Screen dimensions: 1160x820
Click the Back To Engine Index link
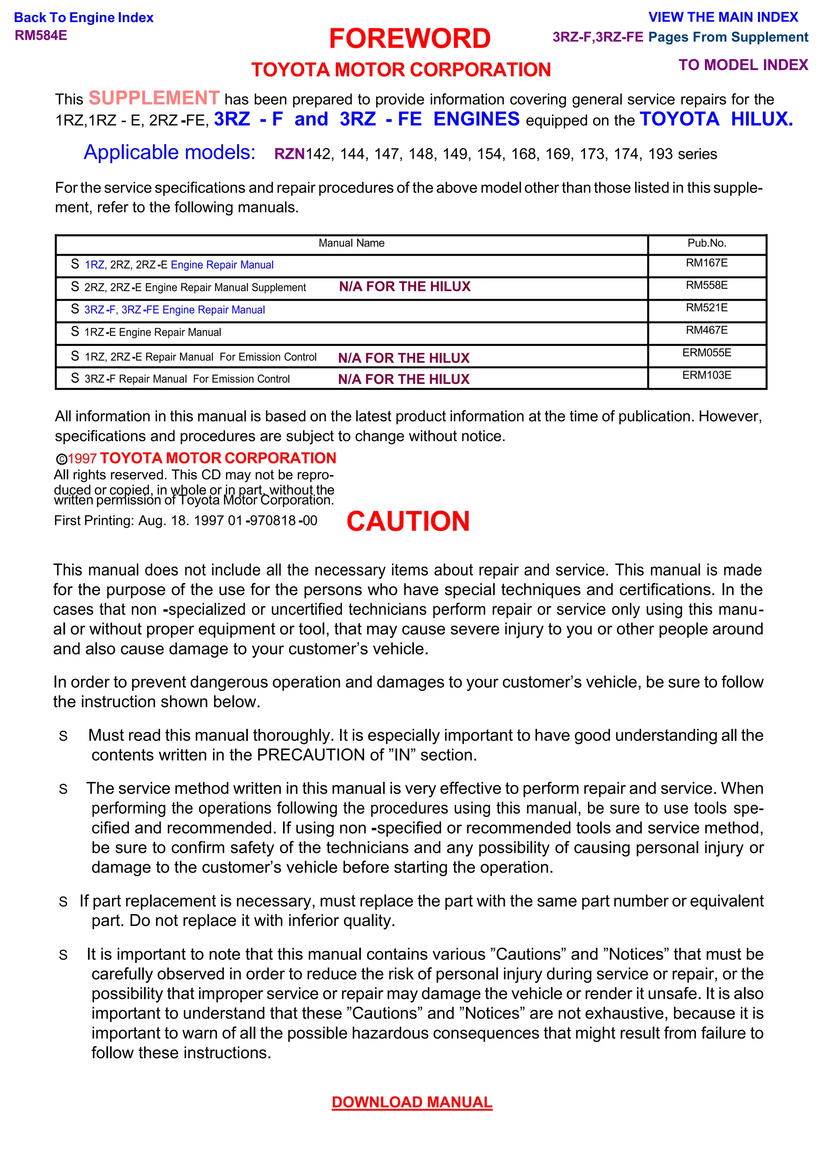(x=83, y=18)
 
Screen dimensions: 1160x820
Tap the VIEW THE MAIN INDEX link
(x=723, y=17)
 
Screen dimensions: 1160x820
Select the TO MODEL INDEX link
(x=743, y=65)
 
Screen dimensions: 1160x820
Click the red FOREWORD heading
(x=409, y=39)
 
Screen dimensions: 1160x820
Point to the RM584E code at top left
(x=41, y=35)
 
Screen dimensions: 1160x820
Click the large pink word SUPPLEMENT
(x=154, y=98)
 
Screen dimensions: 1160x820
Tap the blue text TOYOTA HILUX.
(x=715, y=119)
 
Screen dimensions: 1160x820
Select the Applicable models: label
(x=169, y=152)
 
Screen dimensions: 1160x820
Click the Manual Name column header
(x=351, y=243)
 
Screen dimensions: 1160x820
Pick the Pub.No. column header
(x=706, y=243)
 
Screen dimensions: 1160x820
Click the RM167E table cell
(x=706, y=263)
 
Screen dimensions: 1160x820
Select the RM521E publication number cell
(x=706, y=308)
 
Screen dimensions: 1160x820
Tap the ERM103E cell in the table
(x=706, y=375)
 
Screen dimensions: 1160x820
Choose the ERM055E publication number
(x=706, y=353)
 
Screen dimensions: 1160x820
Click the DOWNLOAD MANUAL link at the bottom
(x=411, y=1102)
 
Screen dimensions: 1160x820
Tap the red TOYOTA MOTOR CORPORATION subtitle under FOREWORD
(x=401, y=70)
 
